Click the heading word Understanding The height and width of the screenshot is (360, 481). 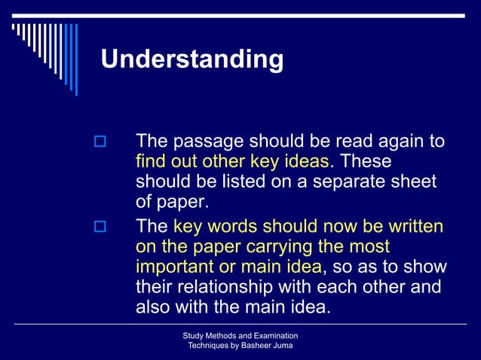[x=192, y=59]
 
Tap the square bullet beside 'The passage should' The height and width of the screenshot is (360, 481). [x=98, y=142]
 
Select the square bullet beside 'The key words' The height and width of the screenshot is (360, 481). [x=98, y=227]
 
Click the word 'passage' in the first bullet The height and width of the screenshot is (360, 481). [x=205, y=142]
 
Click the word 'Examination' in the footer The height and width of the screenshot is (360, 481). [x=273, y=335]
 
